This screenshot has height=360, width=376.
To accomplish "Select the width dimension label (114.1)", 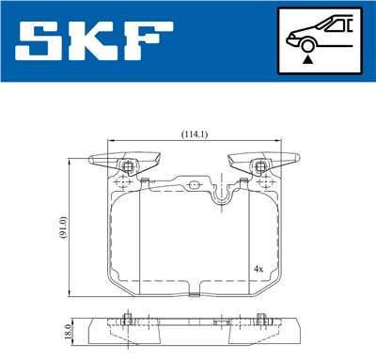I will pos(195,133).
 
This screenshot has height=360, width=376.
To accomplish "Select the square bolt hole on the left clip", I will pos(127,166).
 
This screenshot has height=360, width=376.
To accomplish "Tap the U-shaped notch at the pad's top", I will pos(223,195).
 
